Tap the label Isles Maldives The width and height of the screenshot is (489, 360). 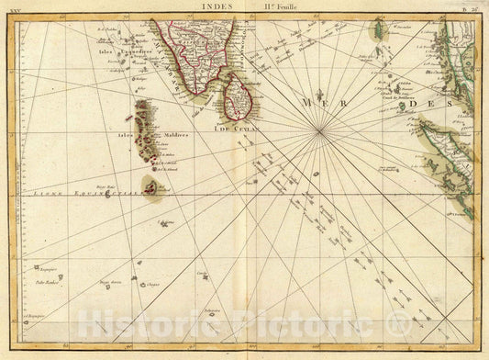pyautogui.click(x=131, y=137)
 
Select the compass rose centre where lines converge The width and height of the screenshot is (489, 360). pyautogui.click(x=319, y=133)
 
